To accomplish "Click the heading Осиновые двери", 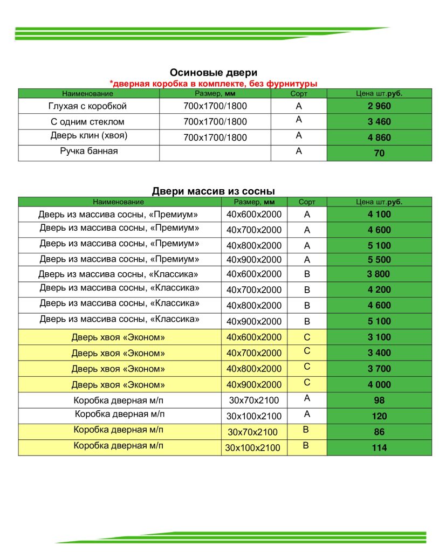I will click(x=213, y=72).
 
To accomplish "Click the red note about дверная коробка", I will click(x=213, y=84).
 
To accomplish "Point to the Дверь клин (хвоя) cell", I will click(x=88, y=136).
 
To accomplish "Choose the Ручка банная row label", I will click(x=88, y=151).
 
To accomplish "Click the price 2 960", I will click(x=379, y=106).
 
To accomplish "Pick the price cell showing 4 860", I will click(x=379, y=137).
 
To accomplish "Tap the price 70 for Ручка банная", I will click(x=379, y=154).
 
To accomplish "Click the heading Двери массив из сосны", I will click(x=213, y=191).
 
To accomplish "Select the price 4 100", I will click(x=379, y=214).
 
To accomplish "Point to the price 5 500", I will click(x=379, y=260).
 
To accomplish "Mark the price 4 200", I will click(x=379, y=289).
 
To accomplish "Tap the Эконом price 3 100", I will click(x=379, y=337).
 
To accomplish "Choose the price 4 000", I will click(x=379, y=385).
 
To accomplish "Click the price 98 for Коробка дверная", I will click(x=379, y=401).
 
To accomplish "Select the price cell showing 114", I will click(x=379, y=447).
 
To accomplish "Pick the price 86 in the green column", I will click(x=379, y=432).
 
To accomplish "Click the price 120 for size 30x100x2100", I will click(x=379, y=416).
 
